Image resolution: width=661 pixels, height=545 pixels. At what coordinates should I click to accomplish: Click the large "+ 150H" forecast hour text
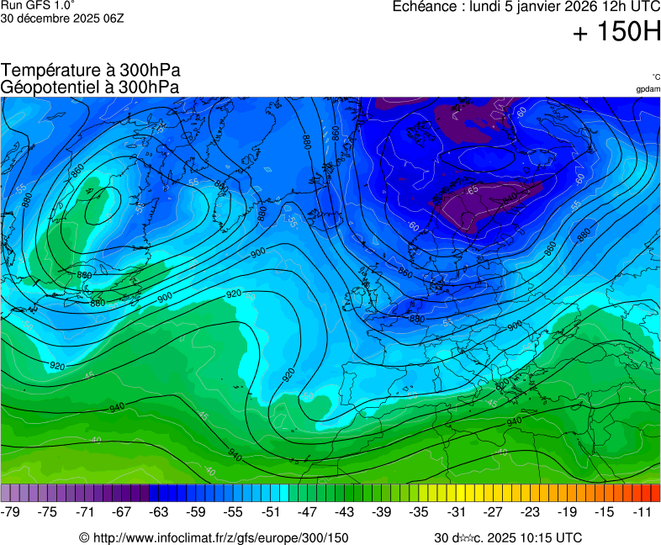point(617,33)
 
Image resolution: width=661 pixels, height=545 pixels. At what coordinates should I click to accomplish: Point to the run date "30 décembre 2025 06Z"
point(63,18)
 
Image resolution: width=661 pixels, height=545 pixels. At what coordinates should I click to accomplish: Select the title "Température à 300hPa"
point(91,71)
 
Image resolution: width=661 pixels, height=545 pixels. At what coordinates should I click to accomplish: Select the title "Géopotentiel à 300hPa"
point(90,87)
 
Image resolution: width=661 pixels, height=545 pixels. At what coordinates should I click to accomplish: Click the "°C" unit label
point(655,77)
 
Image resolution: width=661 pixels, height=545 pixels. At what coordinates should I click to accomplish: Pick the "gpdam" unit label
point(648,88)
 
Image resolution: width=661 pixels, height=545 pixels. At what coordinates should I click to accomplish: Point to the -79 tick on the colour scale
point(11,511)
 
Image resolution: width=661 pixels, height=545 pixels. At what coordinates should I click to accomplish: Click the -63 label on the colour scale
point(159,511)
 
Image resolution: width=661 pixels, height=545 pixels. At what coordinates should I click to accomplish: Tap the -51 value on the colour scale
point(270,511)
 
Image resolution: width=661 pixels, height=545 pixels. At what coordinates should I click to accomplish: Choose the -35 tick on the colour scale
point(419,511)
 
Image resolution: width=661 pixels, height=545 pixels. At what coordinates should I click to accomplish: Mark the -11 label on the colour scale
point(642,511)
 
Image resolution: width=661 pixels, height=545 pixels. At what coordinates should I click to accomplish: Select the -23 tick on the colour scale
point(530,511)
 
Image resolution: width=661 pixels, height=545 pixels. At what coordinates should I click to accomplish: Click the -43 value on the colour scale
point(344,511)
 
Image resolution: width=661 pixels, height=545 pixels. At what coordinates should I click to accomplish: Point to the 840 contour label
point(510,196)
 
